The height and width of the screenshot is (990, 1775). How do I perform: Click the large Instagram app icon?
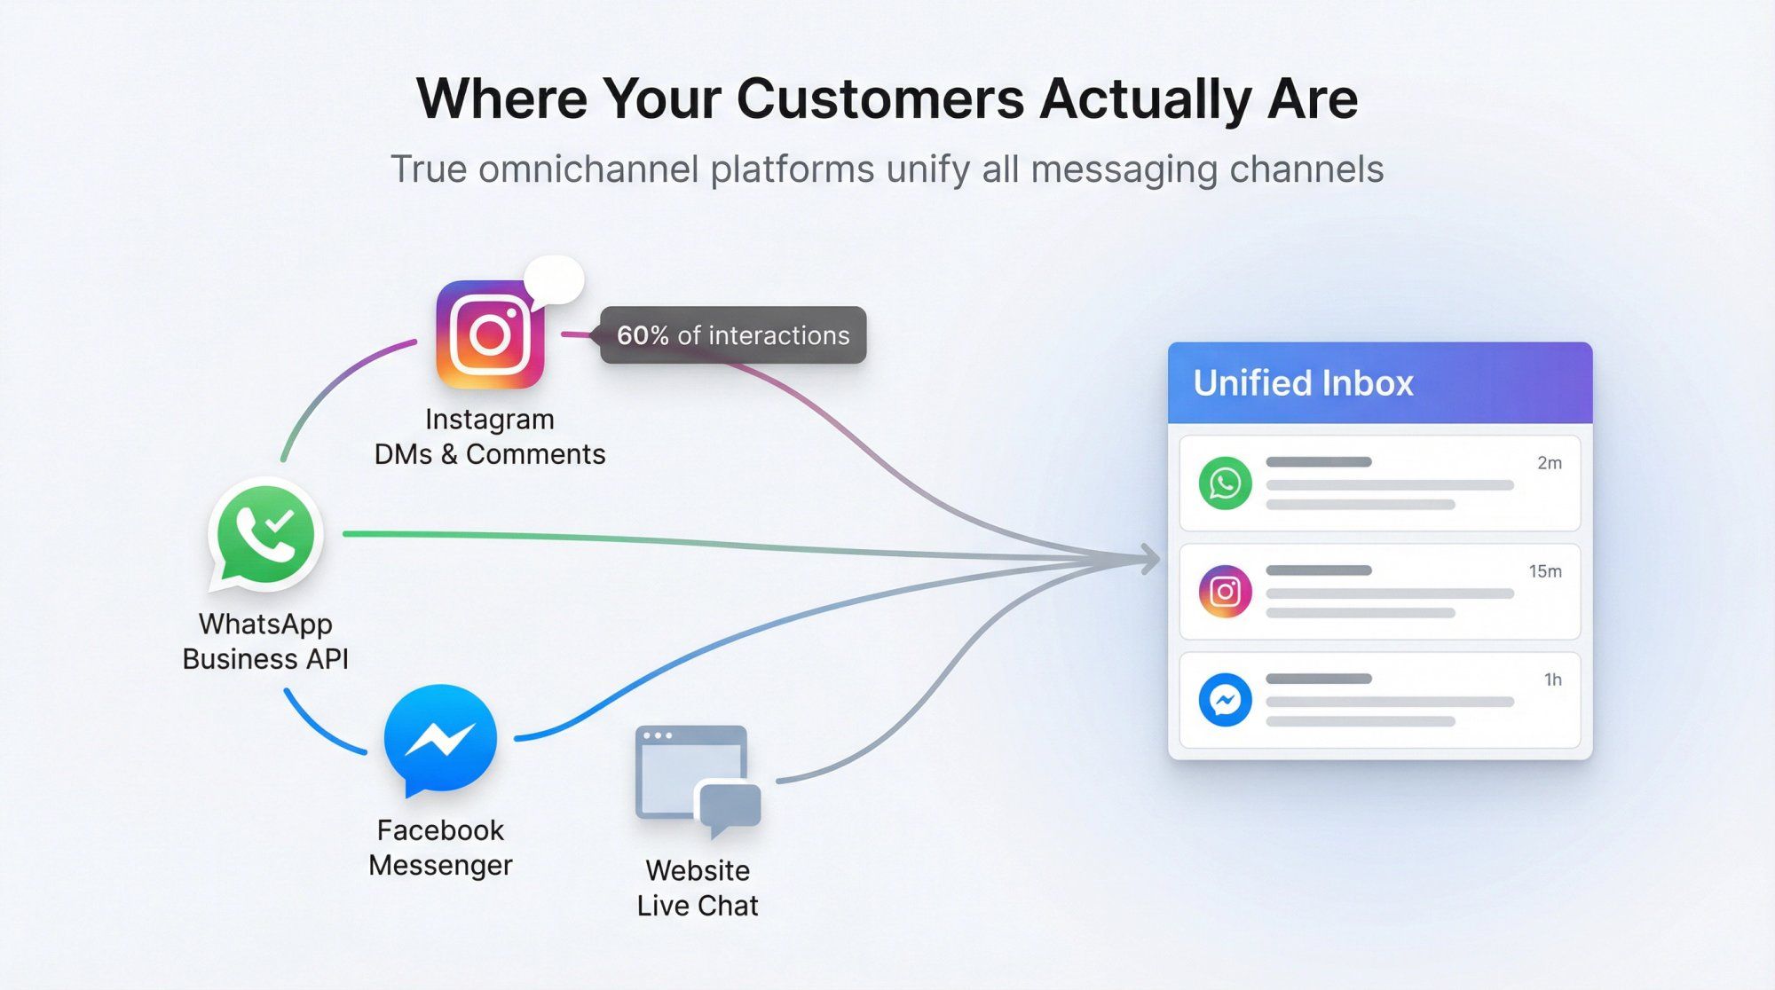pyautogui.click(x=490, y=334)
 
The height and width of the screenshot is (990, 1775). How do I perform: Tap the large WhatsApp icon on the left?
pyautogui.click(x=265, y=534)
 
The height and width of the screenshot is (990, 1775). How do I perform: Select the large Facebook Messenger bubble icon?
pyautogui.click(x=440, y=739)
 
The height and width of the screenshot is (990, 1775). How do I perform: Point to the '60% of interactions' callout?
pyautogui.click(x=733, y=335)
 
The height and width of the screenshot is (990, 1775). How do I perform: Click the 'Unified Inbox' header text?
pyautogui.click(x=1303, y=383)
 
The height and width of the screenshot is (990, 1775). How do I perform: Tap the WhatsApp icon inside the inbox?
pyautogui.click(x=1225, y=483)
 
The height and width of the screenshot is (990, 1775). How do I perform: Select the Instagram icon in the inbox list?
pyautogui.click(x=1225, y=592)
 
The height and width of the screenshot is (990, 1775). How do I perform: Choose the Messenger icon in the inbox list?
pyautogui.click(x=1225, y=700)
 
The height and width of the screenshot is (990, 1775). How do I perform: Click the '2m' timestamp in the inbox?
pyautogui.click(x=1549, y=463)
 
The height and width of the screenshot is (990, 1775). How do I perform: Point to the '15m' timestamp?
pyautogui.click(x=1544, y=571)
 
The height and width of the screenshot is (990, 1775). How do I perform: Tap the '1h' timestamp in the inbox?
pyautogui.click(x=1552, y=680)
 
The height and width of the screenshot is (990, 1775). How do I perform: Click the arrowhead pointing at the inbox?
pyautogui.click(x=1150, y=559)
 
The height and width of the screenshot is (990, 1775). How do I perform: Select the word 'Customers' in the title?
pyautogui.click(x=880, y=98)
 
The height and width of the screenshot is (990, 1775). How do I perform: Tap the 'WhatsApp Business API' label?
pyautogui.click(x=265, y=641)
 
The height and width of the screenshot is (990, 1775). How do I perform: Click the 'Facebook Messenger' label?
pyautogui.click(x=440, y=847)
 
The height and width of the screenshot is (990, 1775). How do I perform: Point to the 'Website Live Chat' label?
pyautogui.click(x=698, y=888)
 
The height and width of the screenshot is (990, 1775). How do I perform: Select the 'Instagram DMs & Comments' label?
pyautogui.click(x=490, y=436)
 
